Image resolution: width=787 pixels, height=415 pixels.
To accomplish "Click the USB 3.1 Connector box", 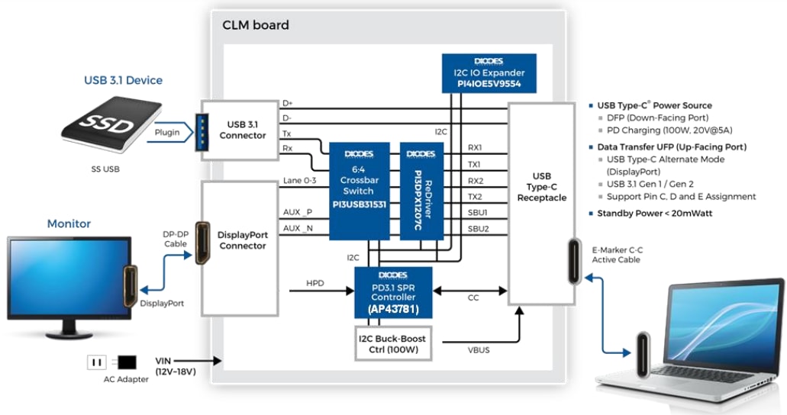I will click(242, 130).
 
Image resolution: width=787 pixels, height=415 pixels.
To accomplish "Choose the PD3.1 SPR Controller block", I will click(393, 292).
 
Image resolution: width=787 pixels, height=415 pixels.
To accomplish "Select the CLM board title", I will click(256, 25).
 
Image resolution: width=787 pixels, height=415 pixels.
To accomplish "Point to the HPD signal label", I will click(314, 282).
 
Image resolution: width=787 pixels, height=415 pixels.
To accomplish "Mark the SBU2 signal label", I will click(478, 229).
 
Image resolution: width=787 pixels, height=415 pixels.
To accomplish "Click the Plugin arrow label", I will click(167, 132).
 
